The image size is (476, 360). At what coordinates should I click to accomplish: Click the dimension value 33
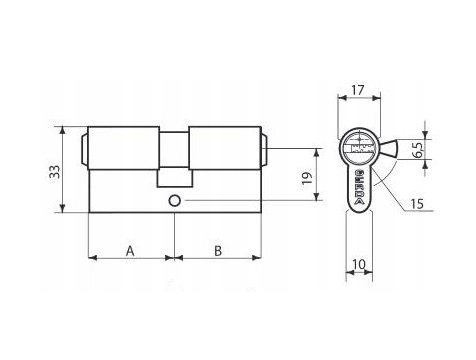(x=55, y=172)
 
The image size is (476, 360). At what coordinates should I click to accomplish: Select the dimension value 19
(x=307, y=178)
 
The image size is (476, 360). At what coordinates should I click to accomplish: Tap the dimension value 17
(x=358, y=90)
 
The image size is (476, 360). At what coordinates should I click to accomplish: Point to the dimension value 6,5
(x=417, y=150)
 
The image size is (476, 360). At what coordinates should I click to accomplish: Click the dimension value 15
(x=416, y=204)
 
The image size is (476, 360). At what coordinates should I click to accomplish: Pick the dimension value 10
(x=359, y=264)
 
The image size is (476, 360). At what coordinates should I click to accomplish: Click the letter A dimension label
(x=130, y=251)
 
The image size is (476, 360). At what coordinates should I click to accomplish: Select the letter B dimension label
(x=218, y=251)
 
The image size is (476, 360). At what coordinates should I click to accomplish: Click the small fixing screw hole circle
(x=174, y=201)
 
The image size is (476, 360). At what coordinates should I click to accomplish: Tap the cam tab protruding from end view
(x=389, y=149)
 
